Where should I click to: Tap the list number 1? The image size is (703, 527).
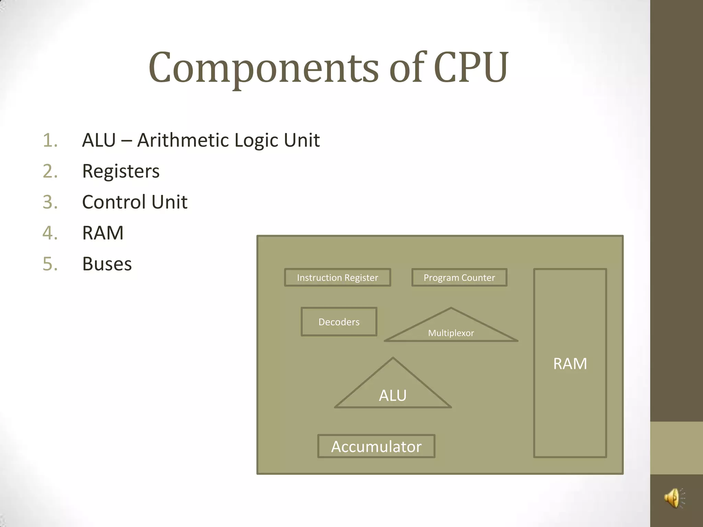50,140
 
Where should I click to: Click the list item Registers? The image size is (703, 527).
121,171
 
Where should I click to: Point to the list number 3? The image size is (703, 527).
50,202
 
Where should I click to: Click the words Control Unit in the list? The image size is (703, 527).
135,202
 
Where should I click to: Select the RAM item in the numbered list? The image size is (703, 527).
103,233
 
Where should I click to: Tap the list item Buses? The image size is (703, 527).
107,264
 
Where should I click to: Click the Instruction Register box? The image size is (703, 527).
337,278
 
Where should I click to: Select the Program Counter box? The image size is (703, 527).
459,278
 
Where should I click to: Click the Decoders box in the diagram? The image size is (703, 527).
339,322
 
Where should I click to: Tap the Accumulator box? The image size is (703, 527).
376,446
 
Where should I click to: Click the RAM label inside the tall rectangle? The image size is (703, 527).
570,364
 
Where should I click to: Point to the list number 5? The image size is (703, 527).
50,264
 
